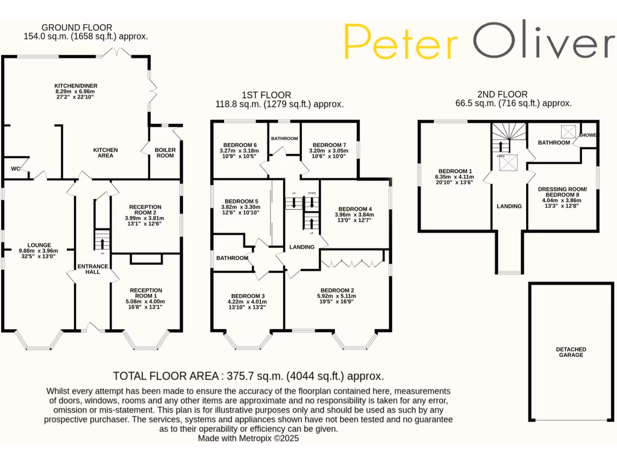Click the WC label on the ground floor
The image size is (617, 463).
pyautogui.click(x=15, y=169)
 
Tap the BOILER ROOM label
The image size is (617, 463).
pyautogui.click(x=165, y=153)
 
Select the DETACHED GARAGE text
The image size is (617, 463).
pyautogui.click(x=571, y=352)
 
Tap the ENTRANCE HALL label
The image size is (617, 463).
pyautogui.click(x=93, y=269)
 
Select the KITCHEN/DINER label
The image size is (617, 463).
pyautogui.click(x=75, y=86)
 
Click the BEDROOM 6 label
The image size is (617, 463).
pyautogui.click(x=240, y=145)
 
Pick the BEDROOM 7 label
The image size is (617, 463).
pyautogui.click(x=329, y=145)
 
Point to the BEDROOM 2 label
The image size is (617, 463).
pyautogui.click(x=336, y=289)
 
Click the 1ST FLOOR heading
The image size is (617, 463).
pyautogui.click(x=266, y=95)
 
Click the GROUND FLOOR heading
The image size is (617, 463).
pyautogui.click(x=77, y=27)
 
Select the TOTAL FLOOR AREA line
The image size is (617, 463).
pyautogui.click(x=248, y=376)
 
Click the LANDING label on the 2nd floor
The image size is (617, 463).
pyautogui.click(x=509, y=206)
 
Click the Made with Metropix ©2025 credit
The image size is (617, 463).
pyautogui.click(x=248, y=438)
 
